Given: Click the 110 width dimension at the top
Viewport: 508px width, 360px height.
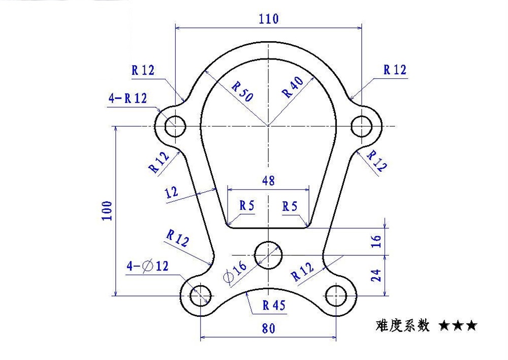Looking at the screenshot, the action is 269,19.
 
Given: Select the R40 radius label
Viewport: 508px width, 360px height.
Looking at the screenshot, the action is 293,87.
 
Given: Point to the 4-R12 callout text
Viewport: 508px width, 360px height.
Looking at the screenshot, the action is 128,98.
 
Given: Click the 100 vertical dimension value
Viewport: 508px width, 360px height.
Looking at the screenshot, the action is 107,211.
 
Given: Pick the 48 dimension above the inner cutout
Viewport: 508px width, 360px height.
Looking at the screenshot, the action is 269,181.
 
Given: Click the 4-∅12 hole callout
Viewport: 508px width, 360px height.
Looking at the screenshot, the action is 147,266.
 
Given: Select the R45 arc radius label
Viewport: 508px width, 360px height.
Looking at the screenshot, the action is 274,305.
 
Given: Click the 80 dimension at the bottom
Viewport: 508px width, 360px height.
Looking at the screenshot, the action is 268,328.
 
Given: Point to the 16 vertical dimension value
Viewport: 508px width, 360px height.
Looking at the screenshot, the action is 376,242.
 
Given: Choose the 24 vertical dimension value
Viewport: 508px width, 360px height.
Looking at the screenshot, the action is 376,276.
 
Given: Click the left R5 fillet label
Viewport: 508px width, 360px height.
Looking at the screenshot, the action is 247,205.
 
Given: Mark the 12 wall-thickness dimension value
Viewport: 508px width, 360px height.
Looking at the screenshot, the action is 172,192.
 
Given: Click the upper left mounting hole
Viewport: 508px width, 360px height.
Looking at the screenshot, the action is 175,126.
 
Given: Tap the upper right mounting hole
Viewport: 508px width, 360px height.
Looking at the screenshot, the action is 362,126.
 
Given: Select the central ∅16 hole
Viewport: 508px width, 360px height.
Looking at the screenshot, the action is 268,255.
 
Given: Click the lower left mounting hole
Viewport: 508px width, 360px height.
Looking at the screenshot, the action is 201,296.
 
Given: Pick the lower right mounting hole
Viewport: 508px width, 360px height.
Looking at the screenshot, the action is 336,296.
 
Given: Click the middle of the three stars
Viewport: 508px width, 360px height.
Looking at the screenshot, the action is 458,325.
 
